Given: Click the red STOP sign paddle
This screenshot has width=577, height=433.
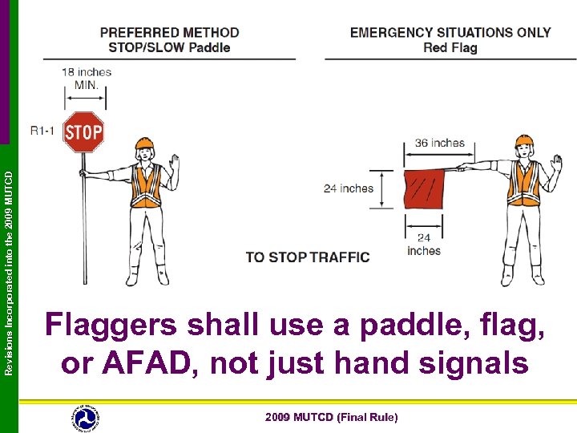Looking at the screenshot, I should click(x=83, y=132).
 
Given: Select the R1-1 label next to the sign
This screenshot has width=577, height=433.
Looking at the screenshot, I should click(x=42, y=130).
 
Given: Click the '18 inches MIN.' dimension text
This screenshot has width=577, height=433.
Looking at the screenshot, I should click(x=86, y=78).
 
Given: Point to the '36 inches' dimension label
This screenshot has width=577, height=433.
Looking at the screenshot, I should click(x=439, y=143).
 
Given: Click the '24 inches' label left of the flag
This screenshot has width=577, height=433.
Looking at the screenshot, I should click(x=349, y=188).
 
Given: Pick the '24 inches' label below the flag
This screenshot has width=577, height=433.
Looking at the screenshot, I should click(x=423, y=244).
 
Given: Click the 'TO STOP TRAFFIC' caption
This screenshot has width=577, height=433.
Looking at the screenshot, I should click(x=308, y=257).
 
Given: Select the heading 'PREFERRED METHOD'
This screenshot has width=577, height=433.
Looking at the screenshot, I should click(x=169, y=33).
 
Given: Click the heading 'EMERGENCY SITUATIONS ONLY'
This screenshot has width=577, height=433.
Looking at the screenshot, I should click(x=450, y=33).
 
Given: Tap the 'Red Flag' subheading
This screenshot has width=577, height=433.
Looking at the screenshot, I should click(x=450, y=48).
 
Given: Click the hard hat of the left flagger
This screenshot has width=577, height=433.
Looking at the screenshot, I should click(x=145, y=144).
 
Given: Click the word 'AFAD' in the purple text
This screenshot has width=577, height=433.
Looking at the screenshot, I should click(x=146, y=363).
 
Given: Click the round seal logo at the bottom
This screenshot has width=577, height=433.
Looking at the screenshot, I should click(x=85, y=417).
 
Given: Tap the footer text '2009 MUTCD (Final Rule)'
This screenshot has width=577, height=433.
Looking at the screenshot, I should click(x=331, y=417).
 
